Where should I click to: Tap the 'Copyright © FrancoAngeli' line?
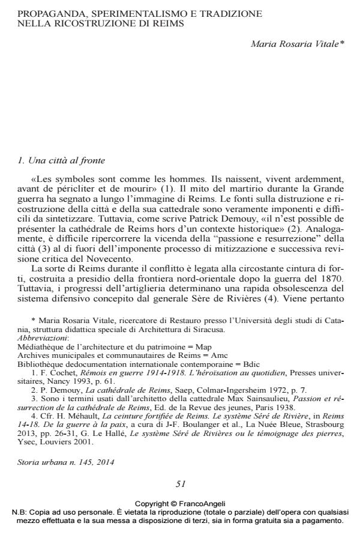pyautogui.click(x=180, y=504)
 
